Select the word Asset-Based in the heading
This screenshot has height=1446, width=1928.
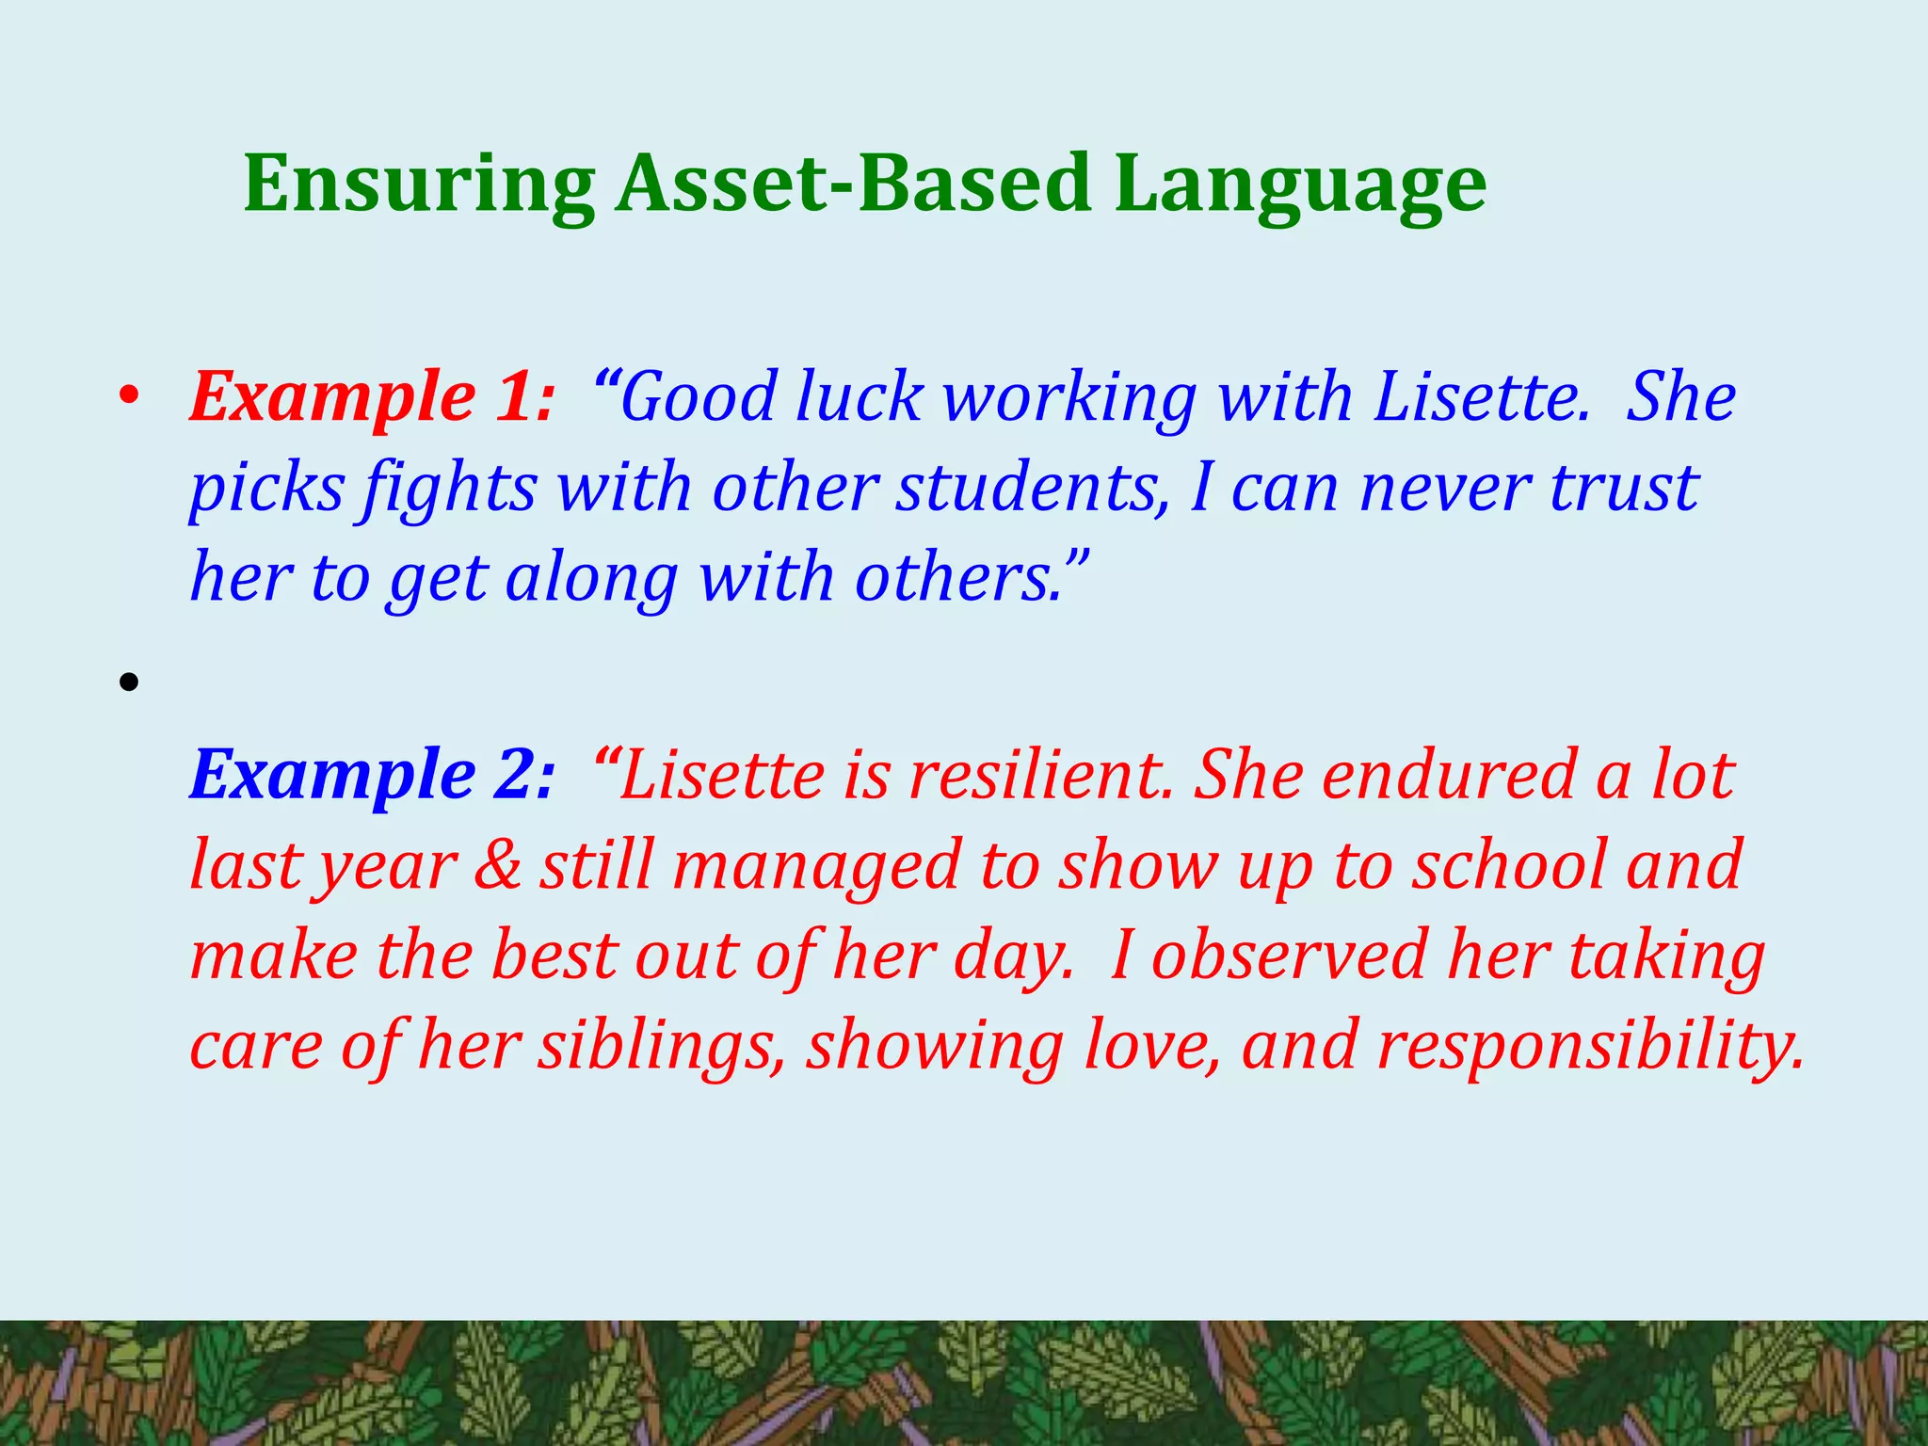(853, 184)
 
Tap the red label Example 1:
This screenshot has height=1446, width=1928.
(372, 396)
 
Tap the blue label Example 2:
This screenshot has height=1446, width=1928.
(372, 775)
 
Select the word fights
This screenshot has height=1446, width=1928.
(451, 489)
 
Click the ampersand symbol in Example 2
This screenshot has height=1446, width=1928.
(498, 865)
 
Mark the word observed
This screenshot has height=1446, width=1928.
(1289, 956)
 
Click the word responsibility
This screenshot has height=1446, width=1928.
(1590, 1046)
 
